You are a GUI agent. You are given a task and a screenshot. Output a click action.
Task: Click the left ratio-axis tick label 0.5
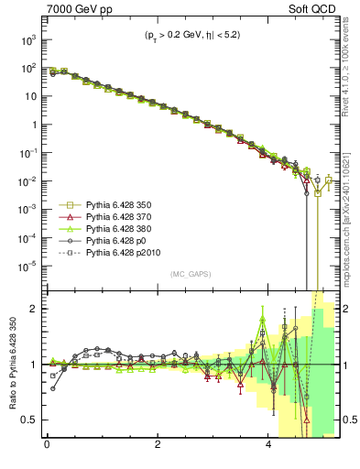click(31, 420)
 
